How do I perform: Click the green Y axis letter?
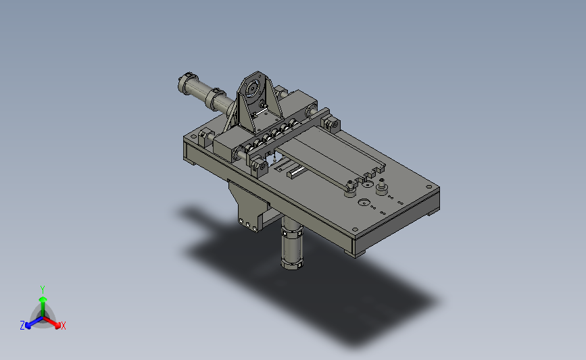point(42,290)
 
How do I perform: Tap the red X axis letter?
point(63,326)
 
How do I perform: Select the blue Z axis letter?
point(22,326)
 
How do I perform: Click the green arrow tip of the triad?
point(43,299)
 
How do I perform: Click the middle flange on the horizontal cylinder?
point(216,99)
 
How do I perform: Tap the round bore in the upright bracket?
point(252,88)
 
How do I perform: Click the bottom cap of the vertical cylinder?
point(291,264)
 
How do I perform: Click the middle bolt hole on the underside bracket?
point(248,225)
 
